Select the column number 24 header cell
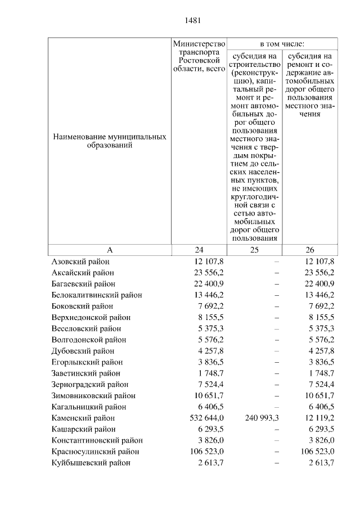(199, 250)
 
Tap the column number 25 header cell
(254, 250)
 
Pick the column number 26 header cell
(310, 250)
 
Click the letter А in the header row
(110, 250)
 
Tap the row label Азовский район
(80, 262)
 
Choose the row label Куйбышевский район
(91, 463)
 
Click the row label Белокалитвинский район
(97, 295)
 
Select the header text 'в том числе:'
(282, 43)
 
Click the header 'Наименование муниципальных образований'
(110, 141)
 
